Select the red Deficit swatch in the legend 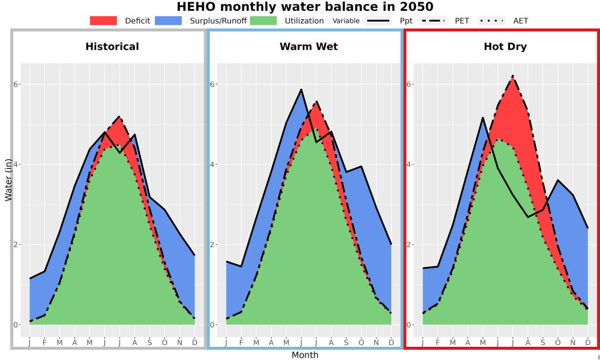click(x=103, y=20)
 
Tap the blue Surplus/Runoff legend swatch click(x=169, y=20)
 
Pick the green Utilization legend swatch click(x=263, y=20)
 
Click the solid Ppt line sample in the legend click(x=378, y=20)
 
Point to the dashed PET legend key click(x=433, y=20)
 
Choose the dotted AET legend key click(x=491, y=20)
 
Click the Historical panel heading click(x=112, y=47)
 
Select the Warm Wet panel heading click(x=309, y=47)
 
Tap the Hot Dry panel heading click(x=505, y=47)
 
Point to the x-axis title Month click(x=305, y=355)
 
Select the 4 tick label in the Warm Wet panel click(x=212, y=164)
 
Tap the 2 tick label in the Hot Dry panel click(x=408, y=244)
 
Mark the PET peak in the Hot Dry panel click(x=513, y=76)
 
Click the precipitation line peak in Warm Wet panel click(x=301, y=89)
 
